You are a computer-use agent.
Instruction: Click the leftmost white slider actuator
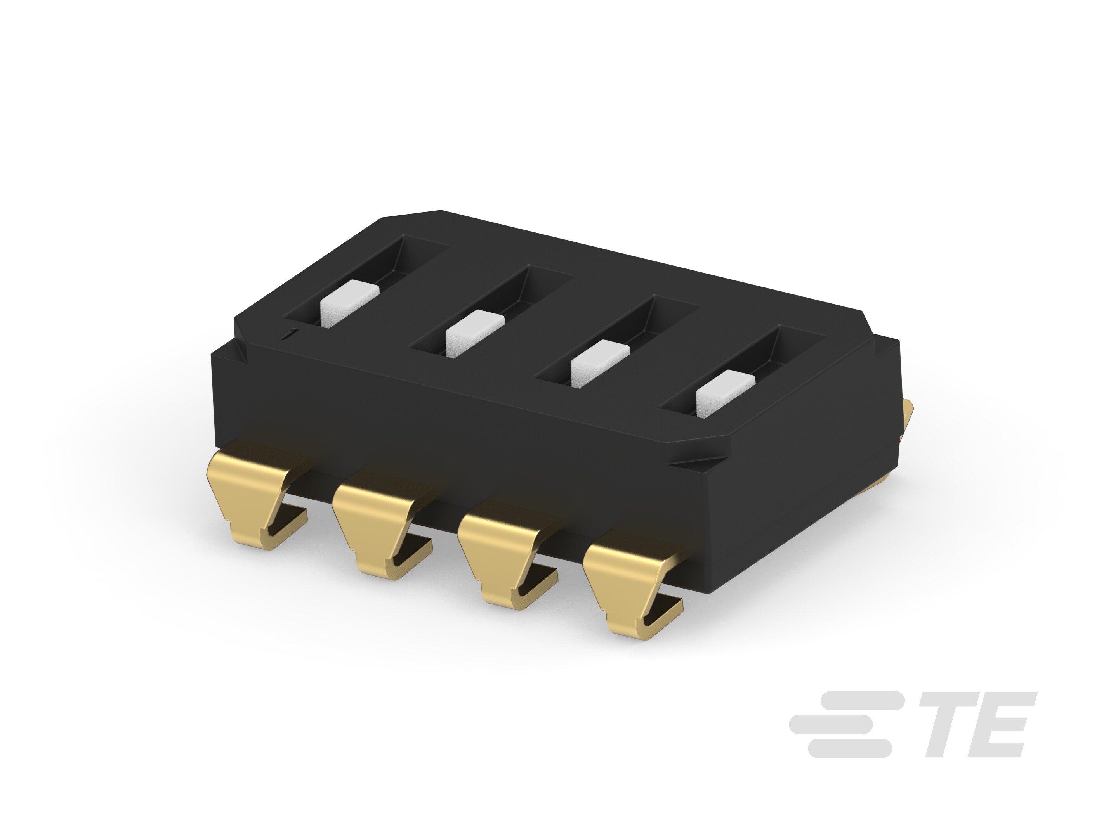(x=349, y=305)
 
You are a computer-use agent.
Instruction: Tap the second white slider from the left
(x=475, y=333)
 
